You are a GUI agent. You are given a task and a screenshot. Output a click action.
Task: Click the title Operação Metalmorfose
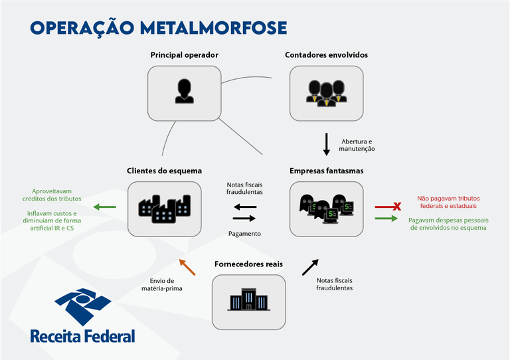[x=159, y=27]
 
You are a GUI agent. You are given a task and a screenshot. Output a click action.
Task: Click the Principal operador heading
[x=184, y=54]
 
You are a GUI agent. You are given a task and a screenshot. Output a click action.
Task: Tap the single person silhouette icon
[x=184, y=91]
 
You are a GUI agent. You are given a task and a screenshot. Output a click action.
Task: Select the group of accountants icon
[x=326, y=93]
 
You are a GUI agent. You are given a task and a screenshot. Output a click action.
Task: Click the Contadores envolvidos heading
[x=326, y=54]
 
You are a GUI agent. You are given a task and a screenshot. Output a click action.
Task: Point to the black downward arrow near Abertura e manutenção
[x=327, y=144]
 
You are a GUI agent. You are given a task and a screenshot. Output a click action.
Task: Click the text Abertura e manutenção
[x=357, y=145]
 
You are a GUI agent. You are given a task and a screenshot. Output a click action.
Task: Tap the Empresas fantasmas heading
[x=326, y=171]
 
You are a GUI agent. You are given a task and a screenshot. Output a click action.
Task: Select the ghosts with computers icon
[x=326, y=208]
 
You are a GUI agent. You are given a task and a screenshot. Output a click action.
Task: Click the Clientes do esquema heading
[x=164, y=171]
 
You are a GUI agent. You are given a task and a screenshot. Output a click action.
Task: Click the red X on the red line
[x=397, y=207]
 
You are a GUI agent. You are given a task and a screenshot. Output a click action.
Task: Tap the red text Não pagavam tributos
[x=448, y=202]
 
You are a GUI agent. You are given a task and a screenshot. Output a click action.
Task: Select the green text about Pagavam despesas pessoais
[x=448, y=224]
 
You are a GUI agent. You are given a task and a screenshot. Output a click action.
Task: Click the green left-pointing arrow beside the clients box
[x=105, y=207]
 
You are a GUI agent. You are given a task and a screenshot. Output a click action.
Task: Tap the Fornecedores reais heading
[x=248, y=264]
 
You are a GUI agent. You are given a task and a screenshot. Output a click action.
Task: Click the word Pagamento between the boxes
[x=244, y=234]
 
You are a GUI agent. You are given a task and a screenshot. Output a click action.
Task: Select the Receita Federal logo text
[x=82, y=335]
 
